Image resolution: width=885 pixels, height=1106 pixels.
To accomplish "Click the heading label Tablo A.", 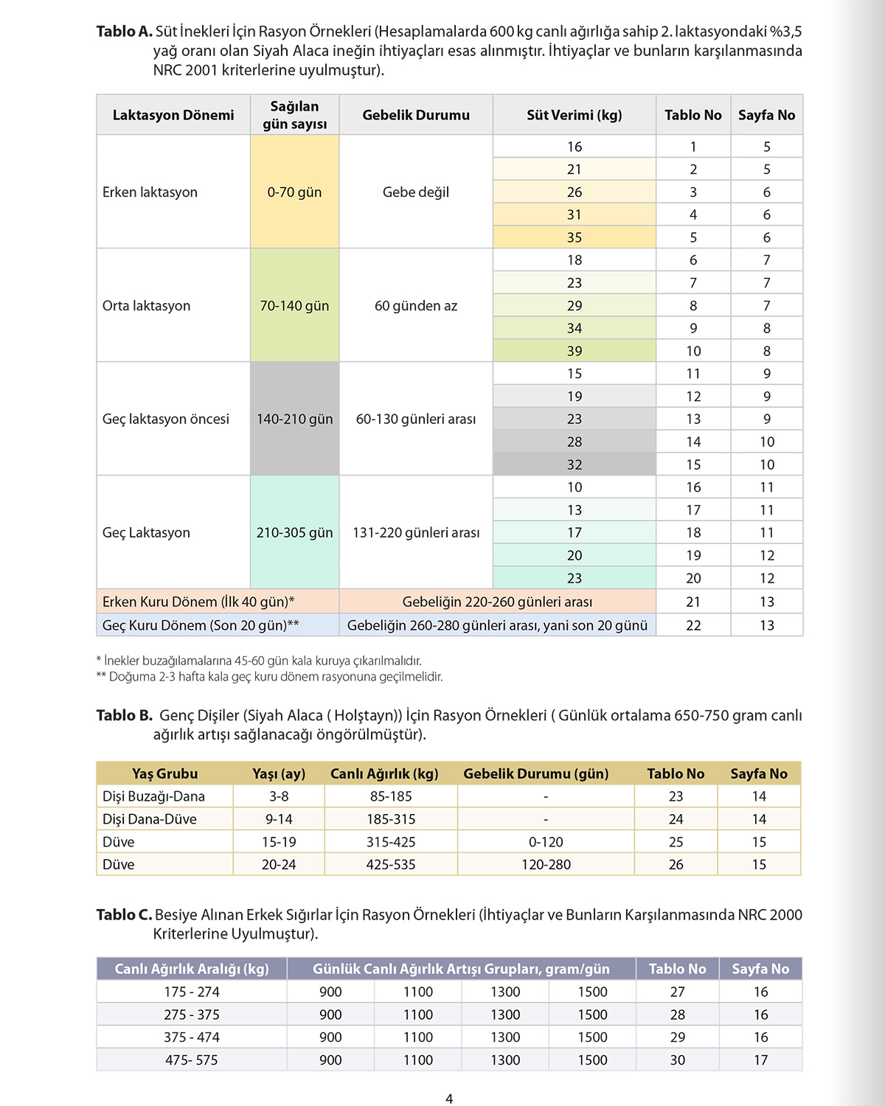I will [x=124, y=32].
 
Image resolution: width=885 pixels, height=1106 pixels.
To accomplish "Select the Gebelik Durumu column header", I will [x=416, y=115].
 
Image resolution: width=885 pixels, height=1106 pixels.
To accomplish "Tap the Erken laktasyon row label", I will [x=150, y=192].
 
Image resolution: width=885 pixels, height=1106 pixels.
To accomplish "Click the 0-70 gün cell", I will [x=294, y=192].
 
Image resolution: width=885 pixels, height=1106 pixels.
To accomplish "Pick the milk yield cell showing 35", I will [x=575, y=237].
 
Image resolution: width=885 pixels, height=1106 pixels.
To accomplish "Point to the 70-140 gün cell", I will [x=294, y=305].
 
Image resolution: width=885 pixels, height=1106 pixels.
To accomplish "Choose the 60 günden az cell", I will [x=416, y=305].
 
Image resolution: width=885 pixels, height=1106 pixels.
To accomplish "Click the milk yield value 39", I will [x=575, y=351].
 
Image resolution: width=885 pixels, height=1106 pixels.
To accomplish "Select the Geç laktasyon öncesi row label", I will [x=166, y=419].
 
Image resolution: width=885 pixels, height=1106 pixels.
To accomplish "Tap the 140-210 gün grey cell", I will [x=294, y=419].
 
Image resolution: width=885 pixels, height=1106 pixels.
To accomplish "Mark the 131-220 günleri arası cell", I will [x=416, y=532].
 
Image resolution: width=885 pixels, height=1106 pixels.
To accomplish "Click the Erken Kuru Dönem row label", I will [x=198, y=602].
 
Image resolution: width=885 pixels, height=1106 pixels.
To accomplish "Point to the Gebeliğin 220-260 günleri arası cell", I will [x=497, y=602].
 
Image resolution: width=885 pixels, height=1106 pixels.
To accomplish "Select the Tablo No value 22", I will [x=693, y=625].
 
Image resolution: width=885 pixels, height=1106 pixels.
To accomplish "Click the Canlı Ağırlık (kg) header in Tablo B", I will [x=384, y=773].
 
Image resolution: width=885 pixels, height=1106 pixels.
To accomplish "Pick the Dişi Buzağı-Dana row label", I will [x=154, y=796].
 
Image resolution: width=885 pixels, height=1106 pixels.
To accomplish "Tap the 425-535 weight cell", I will [x=391, y=864].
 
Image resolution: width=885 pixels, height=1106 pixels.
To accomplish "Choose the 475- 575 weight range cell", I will [x=192, y=1060].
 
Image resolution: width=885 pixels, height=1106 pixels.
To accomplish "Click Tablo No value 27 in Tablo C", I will [x=678, y=992].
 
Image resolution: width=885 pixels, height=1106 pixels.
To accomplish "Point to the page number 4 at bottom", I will [x=449, y=1099].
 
